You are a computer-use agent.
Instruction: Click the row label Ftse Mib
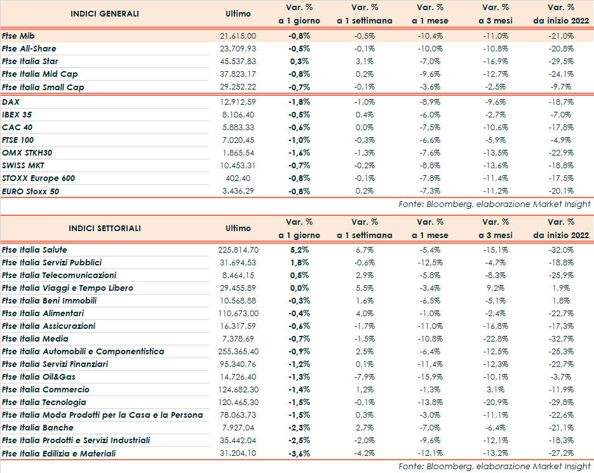[19, 36]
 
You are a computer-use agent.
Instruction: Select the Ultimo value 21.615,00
[238, 36]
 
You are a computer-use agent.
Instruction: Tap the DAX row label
[10, 102]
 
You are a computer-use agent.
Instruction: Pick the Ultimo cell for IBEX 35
[241, 114]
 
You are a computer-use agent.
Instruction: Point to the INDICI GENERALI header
[105, 13]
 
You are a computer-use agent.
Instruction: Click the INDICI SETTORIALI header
[105, 229]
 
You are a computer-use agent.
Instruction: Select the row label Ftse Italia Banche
[37, 428]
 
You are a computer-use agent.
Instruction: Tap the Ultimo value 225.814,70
[238, 250]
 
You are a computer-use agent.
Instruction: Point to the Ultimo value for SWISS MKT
[238, 166]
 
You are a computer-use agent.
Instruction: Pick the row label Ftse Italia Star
[30, 62]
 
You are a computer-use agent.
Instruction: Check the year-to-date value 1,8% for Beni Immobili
[565, 301]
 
